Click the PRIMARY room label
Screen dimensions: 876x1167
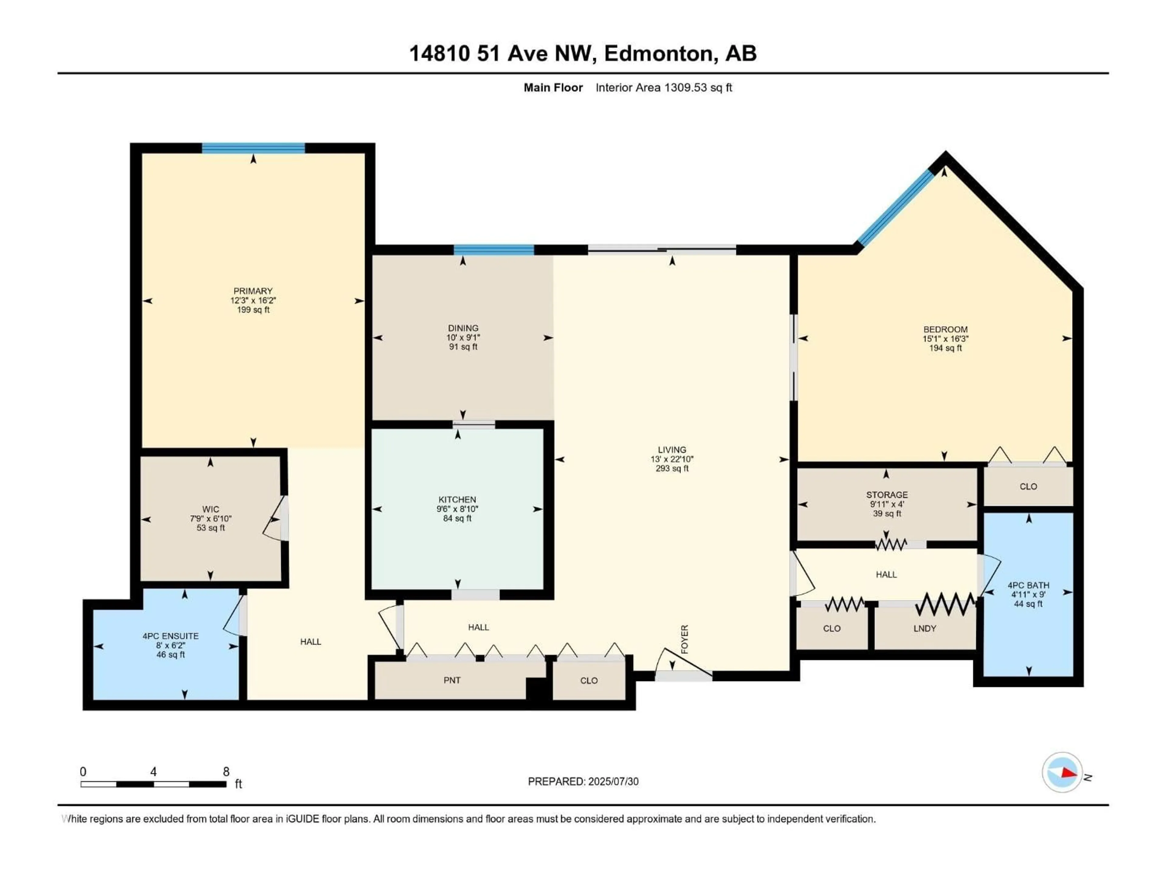[x=253, y=291]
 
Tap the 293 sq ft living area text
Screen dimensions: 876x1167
[x=672, y=468]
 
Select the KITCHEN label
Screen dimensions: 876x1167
[x=457, y=499]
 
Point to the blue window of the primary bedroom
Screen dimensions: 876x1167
[x=253, y=148]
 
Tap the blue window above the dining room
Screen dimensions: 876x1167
[x=494, y=250]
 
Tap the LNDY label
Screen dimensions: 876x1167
[x=924, y=628]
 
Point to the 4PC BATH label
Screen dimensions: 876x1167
[x=1028, y=585]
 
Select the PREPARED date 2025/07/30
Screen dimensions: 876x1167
[x=612, y=781]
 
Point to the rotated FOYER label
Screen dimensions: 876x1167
[x=685, y=639]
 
